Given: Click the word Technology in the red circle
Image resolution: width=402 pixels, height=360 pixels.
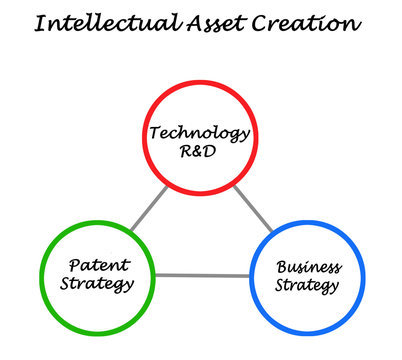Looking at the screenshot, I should (200, 134).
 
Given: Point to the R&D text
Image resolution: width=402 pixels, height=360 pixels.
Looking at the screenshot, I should (200, 153).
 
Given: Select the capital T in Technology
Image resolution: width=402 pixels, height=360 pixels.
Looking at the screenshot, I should (155, 133).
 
